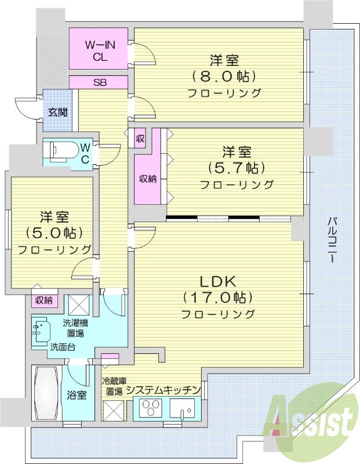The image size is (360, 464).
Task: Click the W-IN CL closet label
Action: click(x=98, y=50)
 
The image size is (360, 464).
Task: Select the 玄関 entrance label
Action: click(x=56, y=113)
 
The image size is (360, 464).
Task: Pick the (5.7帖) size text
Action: click(x=237, y=168)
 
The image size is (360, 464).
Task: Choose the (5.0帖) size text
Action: click(x=54, y=233)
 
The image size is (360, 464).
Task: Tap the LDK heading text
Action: click(x=217, y=282)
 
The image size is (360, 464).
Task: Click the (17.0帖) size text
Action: click(x=217, y=298)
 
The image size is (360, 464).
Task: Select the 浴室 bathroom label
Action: click(x=77, y=396)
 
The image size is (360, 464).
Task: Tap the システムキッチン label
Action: click(x=163, y=390)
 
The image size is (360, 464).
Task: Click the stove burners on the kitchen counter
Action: click(x=152, y=409)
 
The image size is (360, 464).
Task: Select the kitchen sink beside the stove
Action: click(x=185, y=411)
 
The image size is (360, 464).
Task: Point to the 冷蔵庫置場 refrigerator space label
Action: click(x=111, y=386)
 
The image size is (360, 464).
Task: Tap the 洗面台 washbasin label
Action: click(x=61, y=347)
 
